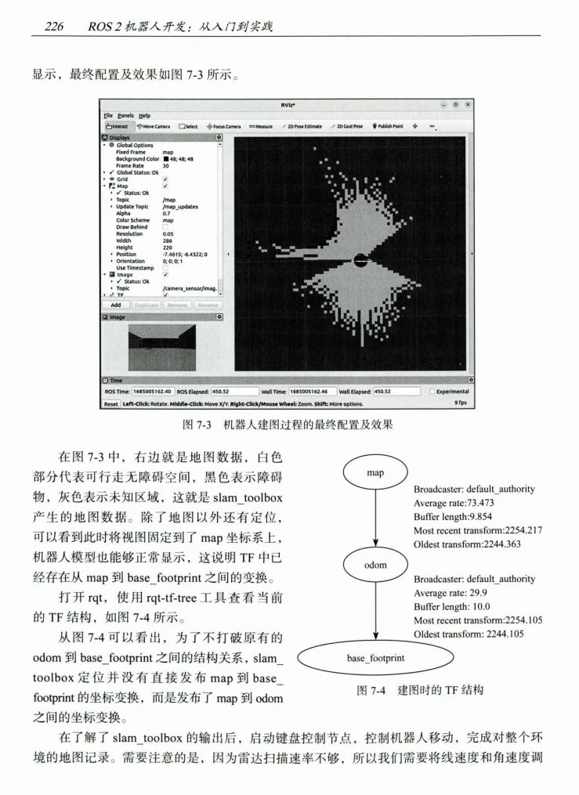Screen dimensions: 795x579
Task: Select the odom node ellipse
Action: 375,563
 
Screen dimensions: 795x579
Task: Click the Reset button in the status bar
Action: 110,403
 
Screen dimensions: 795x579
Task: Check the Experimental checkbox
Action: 434,392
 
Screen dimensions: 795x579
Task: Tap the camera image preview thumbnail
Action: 161,346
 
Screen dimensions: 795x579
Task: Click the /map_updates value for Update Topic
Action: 177,207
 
